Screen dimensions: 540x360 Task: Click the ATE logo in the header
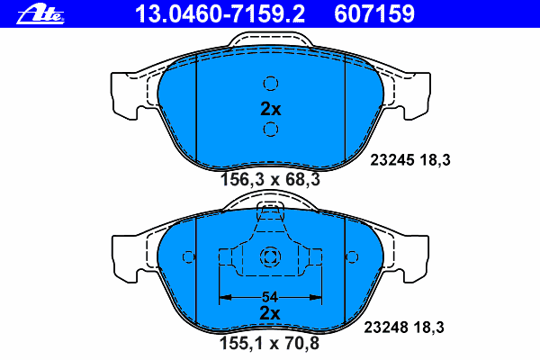[40, 14]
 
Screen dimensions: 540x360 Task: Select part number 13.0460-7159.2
[220, 13]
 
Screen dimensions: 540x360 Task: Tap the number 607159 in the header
[374, 13]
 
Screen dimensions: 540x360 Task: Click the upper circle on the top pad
[271, 84]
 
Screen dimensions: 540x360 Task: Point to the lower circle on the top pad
[271, 130]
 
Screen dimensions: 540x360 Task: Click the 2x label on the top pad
[271, 109]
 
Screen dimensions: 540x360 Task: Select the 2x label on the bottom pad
[270, 313]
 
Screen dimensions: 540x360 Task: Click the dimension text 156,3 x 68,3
[270, 179]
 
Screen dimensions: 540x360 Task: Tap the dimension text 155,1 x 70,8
[269, 343]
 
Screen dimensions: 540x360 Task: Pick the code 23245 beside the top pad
[391, 160]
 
